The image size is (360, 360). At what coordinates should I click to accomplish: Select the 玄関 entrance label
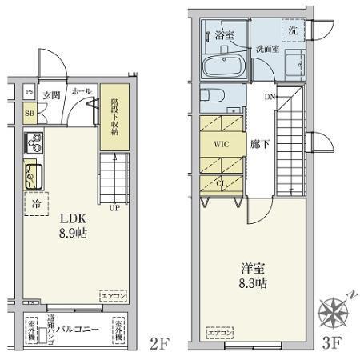52,94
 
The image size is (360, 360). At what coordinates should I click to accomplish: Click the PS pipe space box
29,92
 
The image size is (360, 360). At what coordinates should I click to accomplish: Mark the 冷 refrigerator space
36,204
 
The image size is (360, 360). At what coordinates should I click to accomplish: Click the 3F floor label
334,345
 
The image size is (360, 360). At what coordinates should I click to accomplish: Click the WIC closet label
222,146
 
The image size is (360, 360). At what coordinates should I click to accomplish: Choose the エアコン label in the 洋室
219,330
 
